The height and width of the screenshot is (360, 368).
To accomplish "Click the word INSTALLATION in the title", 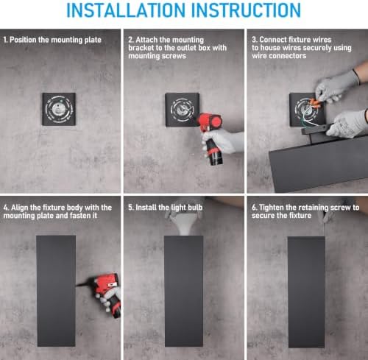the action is pos(126,10).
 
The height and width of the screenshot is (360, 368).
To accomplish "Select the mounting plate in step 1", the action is pos(59,109).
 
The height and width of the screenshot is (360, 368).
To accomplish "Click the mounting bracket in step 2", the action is pos(182,110).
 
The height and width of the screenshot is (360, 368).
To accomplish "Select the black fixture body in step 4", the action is pos(56,291).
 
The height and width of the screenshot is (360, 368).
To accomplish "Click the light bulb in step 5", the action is pos(184,223).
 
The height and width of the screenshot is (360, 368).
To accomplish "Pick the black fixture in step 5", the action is pos(184,292).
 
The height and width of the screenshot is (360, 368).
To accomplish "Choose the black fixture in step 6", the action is pos(306,292).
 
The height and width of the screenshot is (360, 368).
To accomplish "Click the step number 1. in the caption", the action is pos(5,40).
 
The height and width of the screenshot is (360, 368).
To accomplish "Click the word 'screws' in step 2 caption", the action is pos(174,56).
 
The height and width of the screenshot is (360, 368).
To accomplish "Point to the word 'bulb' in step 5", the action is pos(195,208).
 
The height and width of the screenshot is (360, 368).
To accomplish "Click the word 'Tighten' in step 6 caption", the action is pos(271,208).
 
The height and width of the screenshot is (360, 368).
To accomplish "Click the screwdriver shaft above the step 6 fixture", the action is pos(324,227).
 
